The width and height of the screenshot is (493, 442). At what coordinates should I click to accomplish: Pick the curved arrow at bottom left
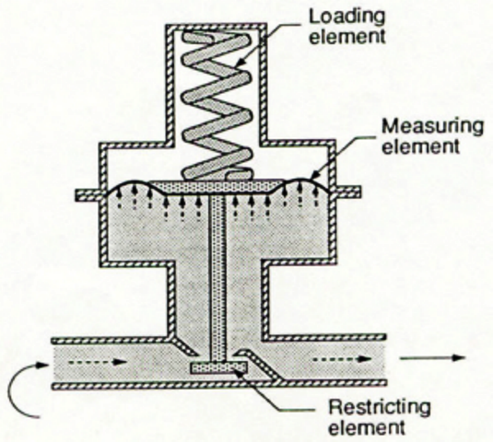point(20,387)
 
